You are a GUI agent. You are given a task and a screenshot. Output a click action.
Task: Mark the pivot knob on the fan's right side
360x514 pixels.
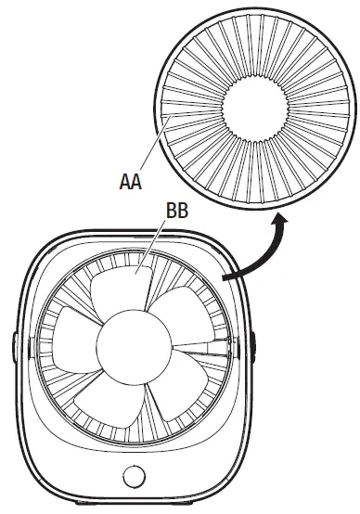pos(253,342)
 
